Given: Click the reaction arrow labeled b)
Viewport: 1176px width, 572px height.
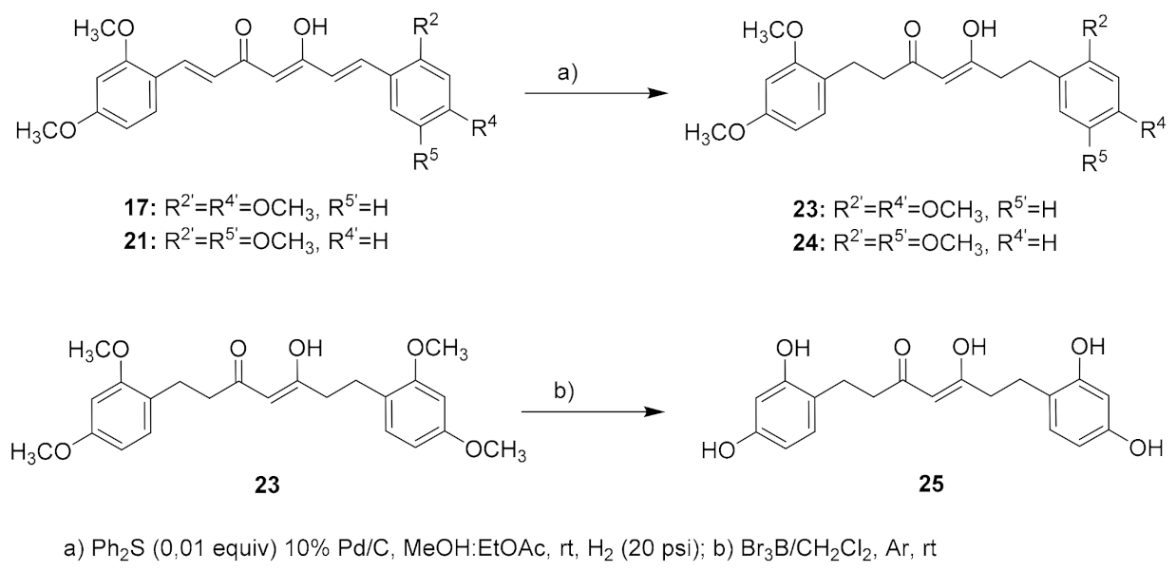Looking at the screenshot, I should point(588,412).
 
